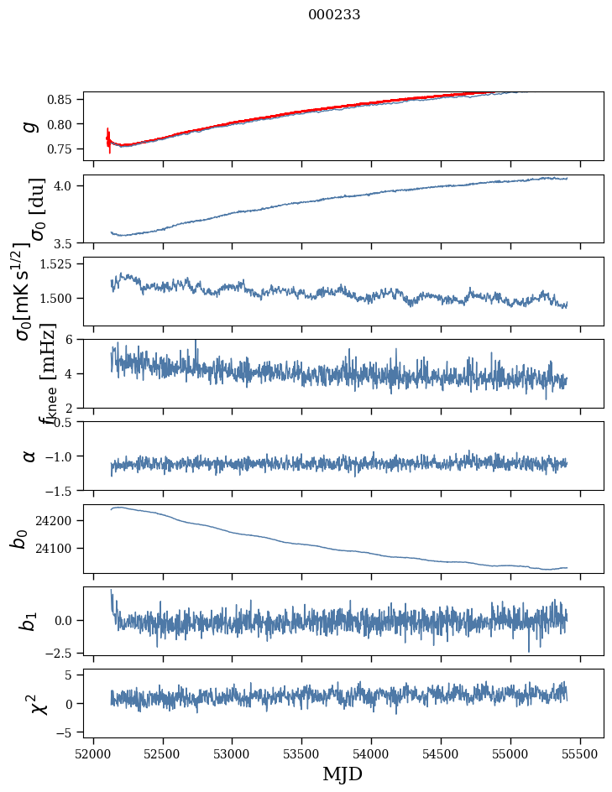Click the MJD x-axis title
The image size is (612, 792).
click(x=343, y=774)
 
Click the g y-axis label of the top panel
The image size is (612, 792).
click(x=30, y=126)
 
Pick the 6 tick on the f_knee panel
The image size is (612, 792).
click(x=71, y=340)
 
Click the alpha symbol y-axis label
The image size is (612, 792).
click(x=30, y=456)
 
